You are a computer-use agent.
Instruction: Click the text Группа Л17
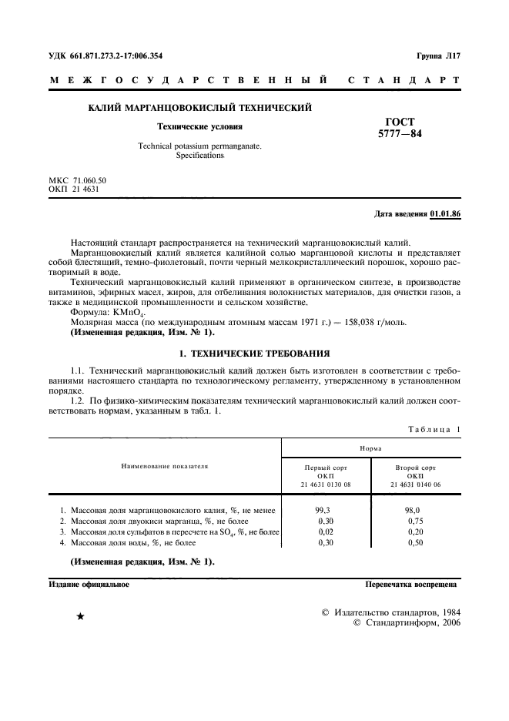click(x=437, y=55)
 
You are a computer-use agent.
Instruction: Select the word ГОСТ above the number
click(x=400, y=122)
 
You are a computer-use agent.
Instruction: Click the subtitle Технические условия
click(x=199, y=126)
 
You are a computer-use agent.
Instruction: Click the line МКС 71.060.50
click(x=78, y=180)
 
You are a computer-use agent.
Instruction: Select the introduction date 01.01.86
click(x=445, y=213)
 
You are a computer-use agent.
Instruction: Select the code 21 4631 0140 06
click(x=415, y=483)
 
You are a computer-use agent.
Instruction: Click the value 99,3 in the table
click(x=323, y=510)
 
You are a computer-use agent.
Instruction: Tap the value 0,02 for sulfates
click(x=325, y=532)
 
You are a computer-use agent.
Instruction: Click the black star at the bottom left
click(x=80, y=618)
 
